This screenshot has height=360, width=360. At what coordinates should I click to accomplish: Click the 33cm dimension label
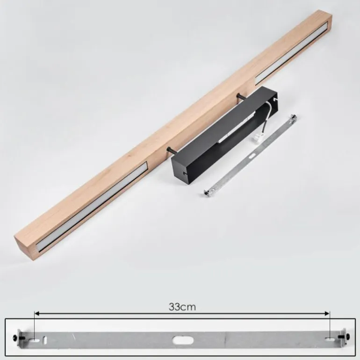[182, 307]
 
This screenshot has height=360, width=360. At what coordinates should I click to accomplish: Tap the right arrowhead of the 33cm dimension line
[327, 314]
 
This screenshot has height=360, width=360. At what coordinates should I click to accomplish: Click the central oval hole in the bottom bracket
[183, 340]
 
